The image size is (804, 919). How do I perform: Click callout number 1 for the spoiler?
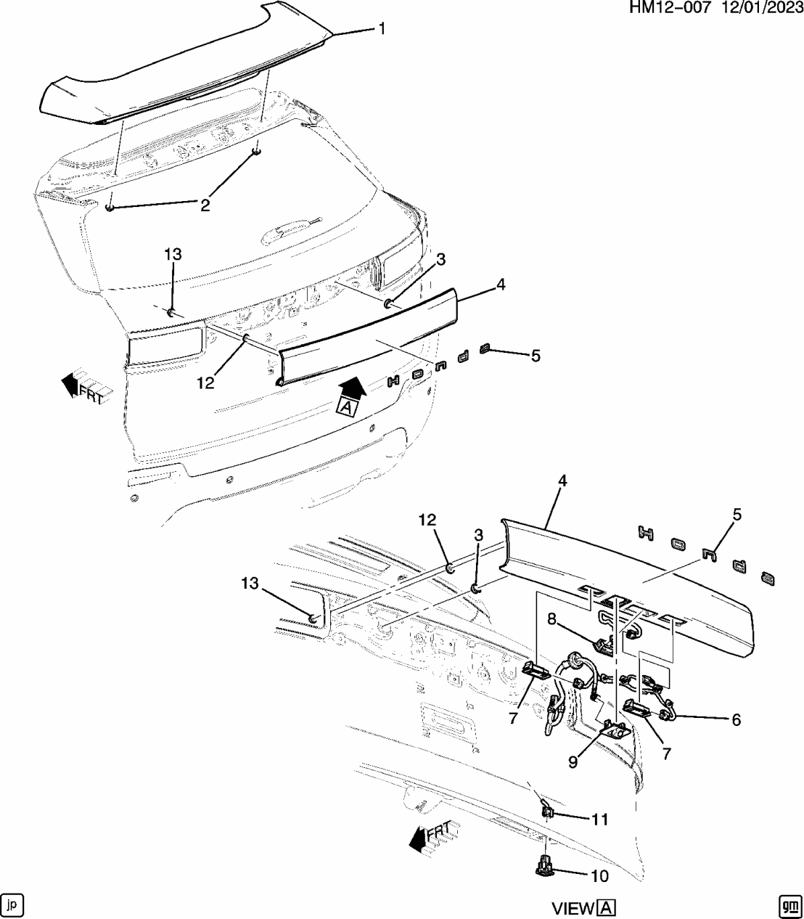point(380,28)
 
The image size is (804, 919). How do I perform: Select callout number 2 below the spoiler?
point(205,205)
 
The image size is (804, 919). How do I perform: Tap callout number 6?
point(736,719)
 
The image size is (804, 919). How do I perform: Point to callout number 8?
point(552,619)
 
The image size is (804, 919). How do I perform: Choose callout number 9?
point(573,762)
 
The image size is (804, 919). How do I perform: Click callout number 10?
point(599,876)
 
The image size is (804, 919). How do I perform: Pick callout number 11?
point(599,820)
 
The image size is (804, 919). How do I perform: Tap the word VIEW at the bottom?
point(573,908)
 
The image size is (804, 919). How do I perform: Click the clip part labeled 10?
point(543,866)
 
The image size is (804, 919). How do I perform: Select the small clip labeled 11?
point(548,810)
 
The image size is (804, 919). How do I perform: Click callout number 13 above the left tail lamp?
point(173,254)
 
